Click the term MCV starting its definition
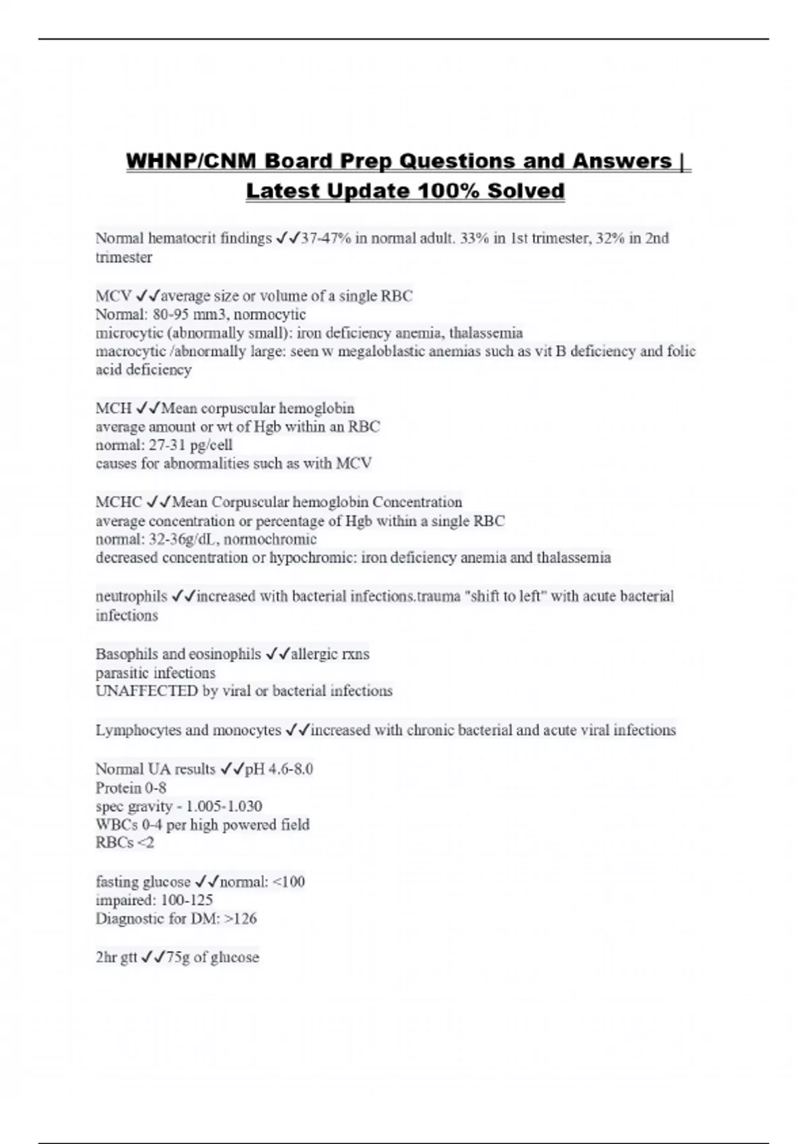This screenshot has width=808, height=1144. click(x=113, y=296)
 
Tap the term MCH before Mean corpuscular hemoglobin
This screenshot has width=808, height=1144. click(x=113, y=408)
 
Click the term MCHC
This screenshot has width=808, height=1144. click(x=119, y=502)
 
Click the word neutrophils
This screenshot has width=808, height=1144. click(x=131, y=596)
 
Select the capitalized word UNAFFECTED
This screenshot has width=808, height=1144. click(x=146, y=691)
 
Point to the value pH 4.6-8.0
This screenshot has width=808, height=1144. click(x=279, y=769)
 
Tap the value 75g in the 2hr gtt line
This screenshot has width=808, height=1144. click(x=178, y=958)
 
